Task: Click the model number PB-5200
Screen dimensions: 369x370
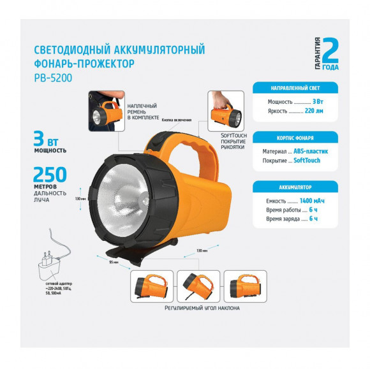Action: click(54, 79)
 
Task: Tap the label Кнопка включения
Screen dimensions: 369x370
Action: click(177, 119)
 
